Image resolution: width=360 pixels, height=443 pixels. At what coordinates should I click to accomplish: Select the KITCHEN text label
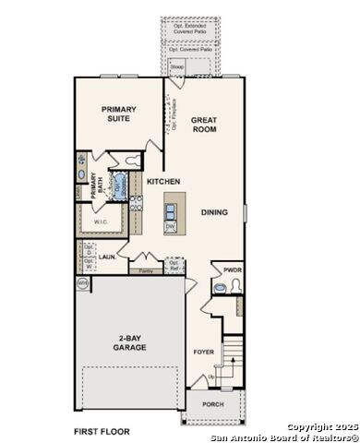click(x=162, y=182)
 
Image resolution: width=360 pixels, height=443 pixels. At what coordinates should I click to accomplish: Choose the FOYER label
click(x=204, y=352)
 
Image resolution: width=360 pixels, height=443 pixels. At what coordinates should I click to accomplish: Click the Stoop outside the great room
click(x=175, y=66)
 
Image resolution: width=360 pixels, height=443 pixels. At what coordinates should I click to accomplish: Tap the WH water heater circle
click(x=82, y=283)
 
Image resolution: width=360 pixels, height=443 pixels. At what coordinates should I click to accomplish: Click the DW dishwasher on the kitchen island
click(x=171, y=226)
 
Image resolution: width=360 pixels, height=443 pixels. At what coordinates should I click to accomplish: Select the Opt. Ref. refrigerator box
click(x=174, y=265)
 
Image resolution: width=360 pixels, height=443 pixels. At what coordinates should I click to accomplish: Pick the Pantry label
click(x=146, y=271)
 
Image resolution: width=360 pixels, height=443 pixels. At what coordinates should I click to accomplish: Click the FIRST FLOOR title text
click(x=102, y=431)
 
